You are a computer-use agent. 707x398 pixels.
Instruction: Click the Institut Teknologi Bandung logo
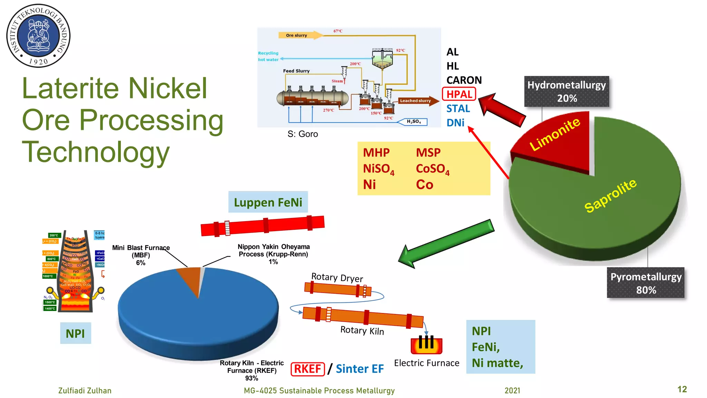coord(38,36)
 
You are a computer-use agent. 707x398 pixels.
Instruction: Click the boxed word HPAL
coord(459,94)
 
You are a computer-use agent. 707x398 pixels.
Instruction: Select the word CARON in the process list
coord(464,80)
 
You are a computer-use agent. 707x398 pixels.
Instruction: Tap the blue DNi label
coord(455,123)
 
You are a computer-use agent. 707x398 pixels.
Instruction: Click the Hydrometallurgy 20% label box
coord(566,92)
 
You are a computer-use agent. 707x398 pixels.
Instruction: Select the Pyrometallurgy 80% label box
coord(646,283)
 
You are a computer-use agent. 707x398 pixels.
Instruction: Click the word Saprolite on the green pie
coord(610,196)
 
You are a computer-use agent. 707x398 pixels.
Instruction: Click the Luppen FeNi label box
coord(268,202)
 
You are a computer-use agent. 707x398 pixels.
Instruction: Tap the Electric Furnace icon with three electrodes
coord(426,345)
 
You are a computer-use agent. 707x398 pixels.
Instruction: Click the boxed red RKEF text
coord(308,369)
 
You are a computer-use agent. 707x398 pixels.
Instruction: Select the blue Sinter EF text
coord(359,369)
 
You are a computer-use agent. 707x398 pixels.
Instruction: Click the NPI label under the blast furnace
coord(75,333)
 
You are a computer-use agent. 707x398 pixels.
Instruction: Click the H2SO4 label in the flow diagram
coord(413,122)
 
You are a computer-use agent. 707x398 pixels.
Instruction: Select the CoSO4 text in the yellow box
coord(432,169)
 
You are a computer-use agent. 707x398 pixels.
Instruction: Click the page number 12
coord(682,389)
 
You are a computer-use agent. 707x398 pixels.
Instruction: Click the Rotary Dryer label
coord(337,277)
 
